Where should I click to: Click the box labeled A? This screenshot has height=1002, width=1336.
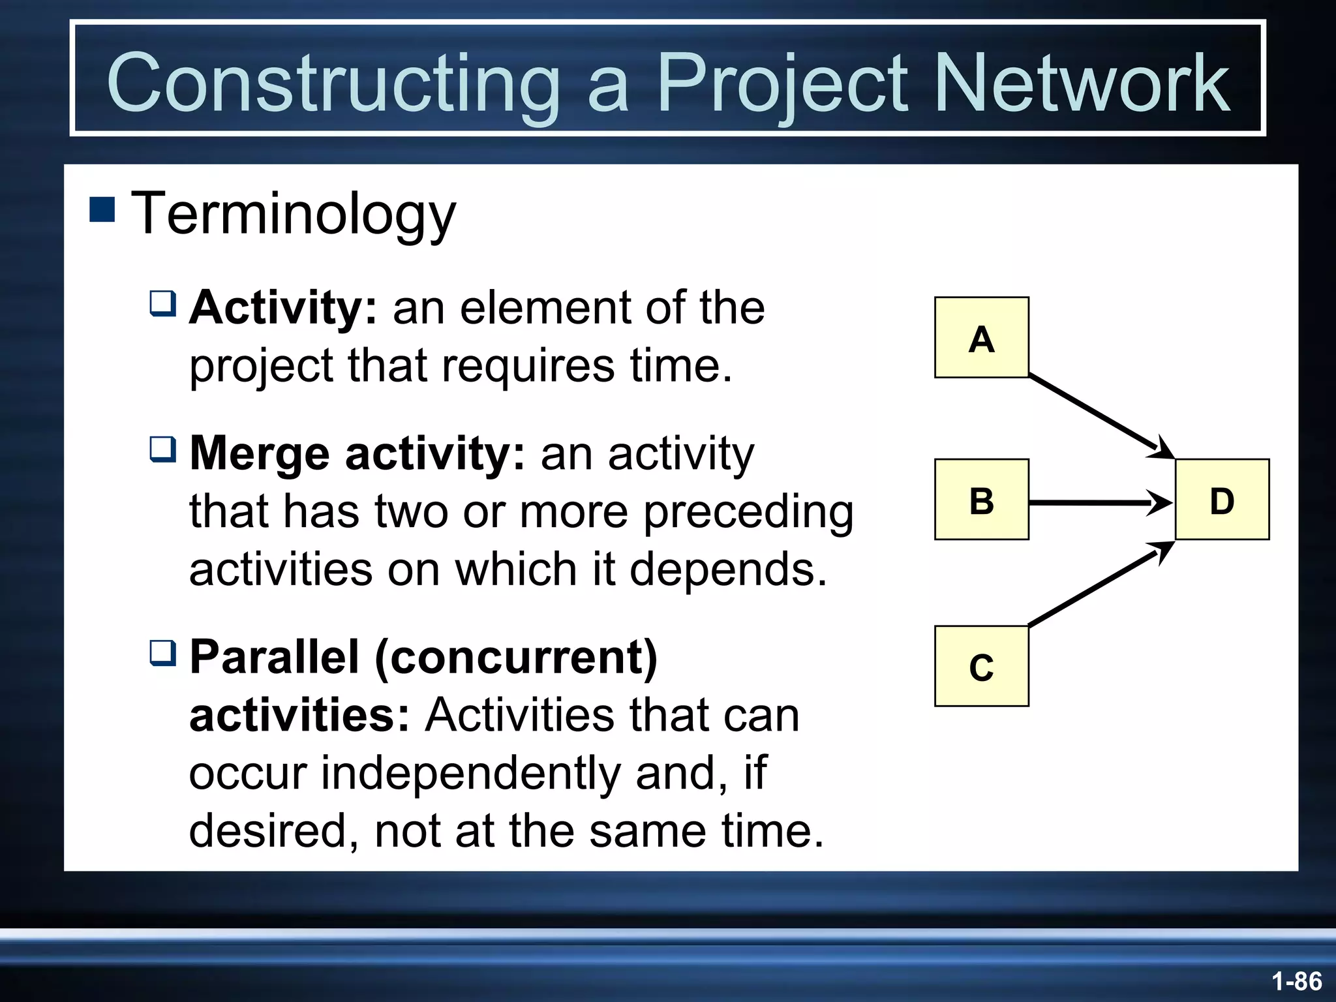click(x=981, y=337)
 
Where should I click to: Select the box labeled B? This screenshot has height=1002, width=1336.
click(x=981, y=499)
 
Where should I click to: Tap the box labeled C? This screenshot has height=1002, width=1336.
click(x=981, y=666)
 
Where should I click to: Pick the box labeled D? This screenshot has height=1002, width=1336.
click(x=1222, y=499)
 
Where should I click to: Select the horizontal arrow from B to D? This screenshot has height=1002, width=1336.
click(x=1096, y=502)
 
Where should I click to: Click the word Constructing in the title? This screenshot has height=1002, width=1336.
click(x=333, y=83)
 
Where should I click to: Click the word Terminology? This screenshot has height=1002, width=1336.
click(x=294, y=214)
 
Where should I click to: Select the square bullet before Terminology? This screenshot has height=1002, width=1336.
click(x=102, y=209)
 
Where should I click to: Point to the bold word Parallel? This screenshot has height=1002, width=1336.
click(x=274, y=657)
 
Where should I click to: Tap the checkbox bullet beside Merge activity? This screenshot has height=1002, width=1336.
click(x=162, y=449)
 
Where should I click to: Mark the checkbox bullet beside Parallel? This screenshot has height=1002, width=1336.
click(x=162, y=652)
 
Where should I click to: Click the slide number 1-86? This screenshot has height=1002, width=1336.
click(x=1296, y=981)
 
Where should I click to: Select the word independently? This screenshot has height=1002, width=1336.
click(x=470, y=774)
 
